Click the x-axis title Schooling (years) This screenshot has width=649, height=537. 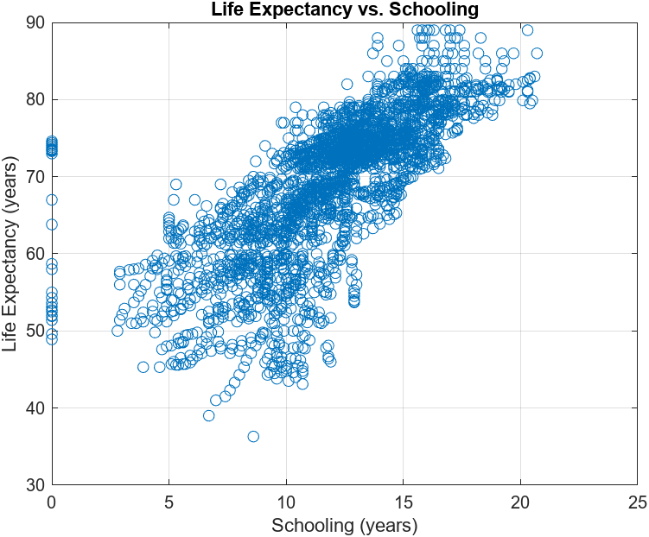pyautogui.click(x=345, y=525)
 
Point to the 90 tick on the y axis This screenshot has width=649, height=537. pyautogui.click(x=36, y=22)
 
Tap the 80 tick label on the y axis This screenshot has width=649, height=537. pyautogui.click(x=36, y=99)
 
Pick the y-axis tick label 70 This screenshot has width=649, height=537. pyautogui.click(x=36, y=176)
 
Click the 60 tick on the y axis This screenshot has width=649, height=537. pyautogui.click(x=36, y=254)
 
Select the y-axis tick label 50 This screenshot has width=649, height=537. pyautogui.click(x=36, y=331)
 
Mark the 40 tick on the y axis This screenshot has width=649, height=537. pyautogui.click(x=36, y=407)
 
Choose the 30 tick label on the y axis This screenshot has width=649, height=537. pyautogui.click(x=36, y=484)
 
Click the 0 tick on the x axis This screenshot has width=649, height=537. pyautogui.click(x=52, y=502)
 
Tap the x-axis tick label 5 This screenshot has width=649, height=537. pyautogui.click(x=169, y=502)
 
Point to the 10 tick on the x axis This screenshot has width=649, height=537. pyautogui.click(x=286, y=502)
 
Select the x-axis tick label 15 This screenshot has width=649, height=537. pyautogui.click(x=403, y=502)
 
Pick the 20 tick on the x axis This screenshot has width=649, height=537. pyautogui.click(x=520, y=502)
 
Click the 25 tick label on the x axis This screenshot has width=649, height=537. pyautogui.click(x=637, y=502)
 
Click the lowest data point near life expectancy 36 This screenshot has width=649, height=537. pyautogui.click(x=253, y=436)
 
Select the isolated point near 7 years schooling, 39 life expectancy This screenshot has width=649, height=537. pyautogui.click(x=209, y=415)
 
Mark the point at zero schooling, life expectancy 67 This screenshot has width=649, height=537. pyautogui.click(x=52, y=199)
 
